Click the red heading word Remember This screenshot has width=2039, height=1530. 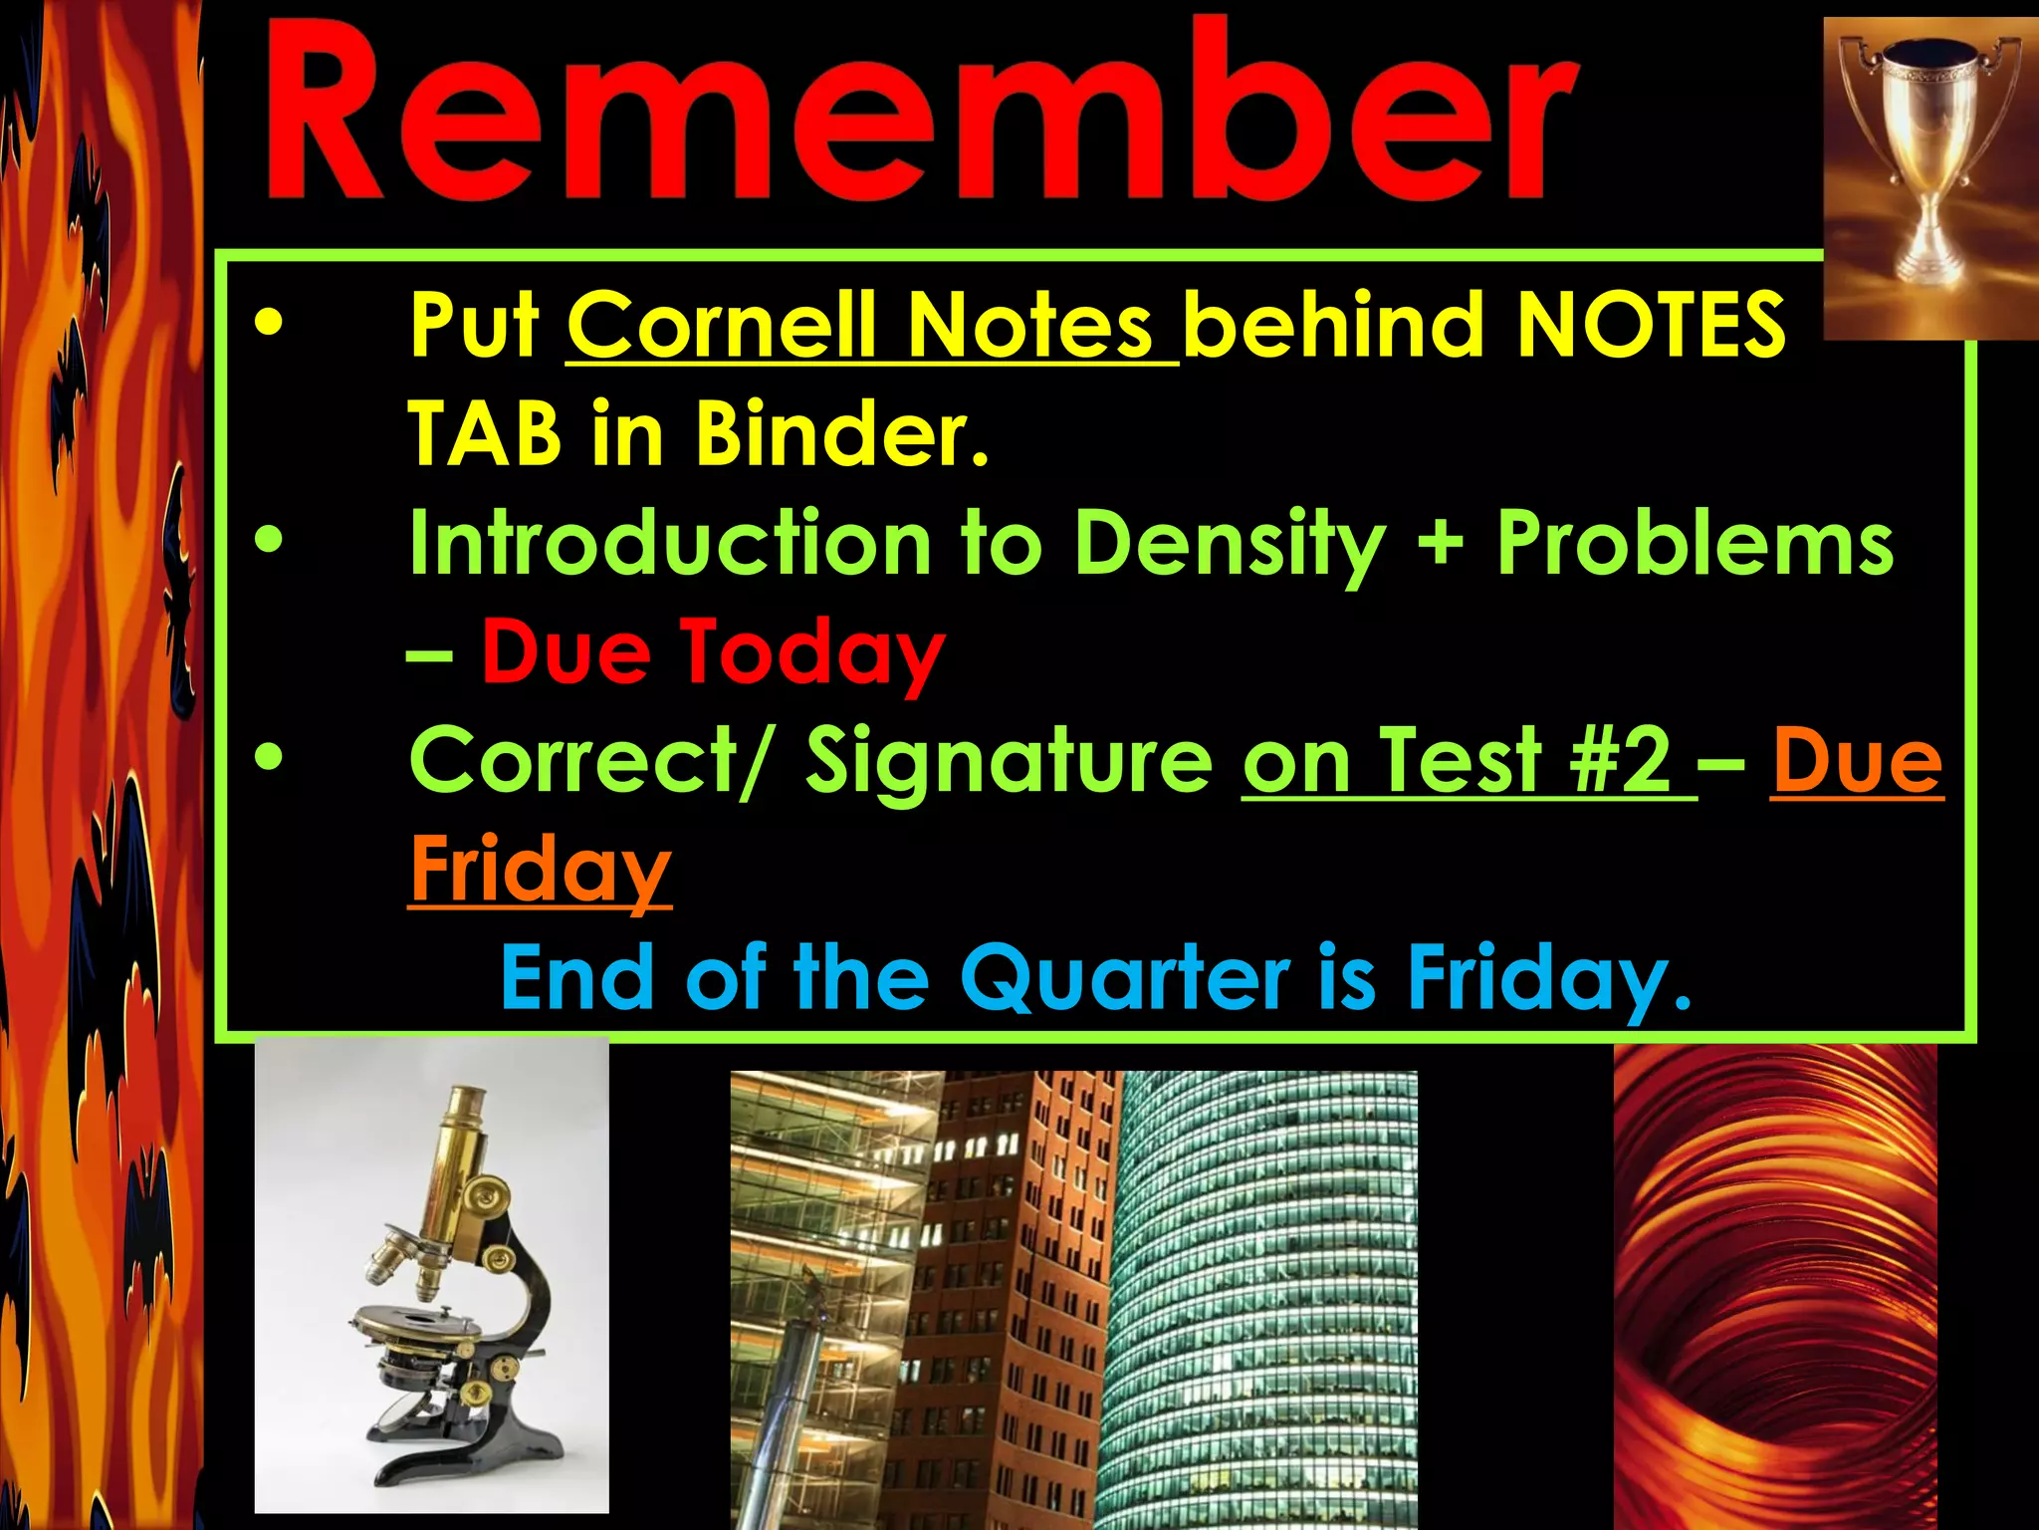click(921, 115)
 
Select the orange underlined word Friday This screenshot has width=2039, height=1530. click(541, 870)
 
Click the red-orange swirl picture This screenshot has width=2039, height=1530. click(1774, 1285)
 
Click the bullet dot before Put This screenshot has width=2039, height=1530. click(269, 323)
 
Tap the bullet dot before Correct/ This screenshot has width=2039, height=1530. click(269, 759)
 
